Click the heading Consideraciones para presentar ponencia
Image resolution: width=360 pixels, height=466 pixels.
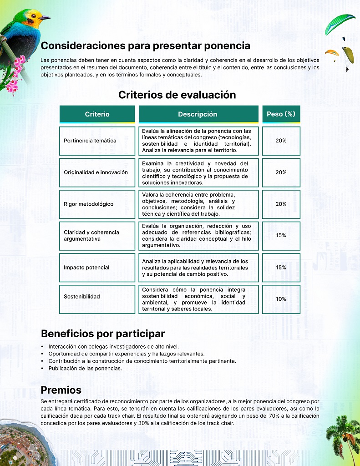pyautogui.click(x=145, y=46)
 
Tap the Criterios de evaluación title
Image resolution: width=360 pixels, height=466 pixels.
pyautogui.click(x=177, y=95)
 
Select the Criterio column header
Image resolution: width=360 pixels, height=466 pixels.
pyautogui.click(x=97, y=114)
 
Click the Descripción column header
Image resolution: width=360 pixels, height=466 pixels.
pyautogui.click(x=198, y=114)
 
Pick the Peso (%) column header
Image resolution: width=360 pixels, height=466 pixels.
pyautogui.click(x=281, y=114)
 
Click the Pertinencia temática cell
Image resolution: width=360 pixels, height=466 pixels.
pyautogui.click(x=90, y=141)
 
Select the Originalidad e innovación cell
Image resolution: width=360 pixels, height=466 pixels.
pyautogui.click(x=96, y=172)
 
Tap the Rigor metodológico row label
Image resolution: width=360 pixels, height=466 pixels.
pyautogui.click(x=89, y=204)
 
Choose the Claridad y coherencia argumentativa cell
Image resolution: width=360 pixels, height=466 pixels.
pyautogui.click(x=91, y=235)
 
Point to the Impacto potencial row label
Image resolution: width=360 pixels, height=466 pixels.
pyautogui.click(x=86, y=268)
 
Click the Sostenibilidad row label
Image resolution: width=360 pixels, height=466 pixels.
pyautogui.click(x=82, y=297)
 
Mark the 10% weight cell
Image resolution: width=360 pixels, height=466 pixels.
pyautogui.click(x=281, y=299)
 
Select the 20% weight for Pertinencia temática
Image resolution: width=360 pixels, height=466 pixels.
pyautogui.click(x=281, y=141)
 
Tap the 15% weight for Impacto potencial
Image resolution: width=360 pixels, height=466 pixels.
pyautogui.click(x=281, y=268)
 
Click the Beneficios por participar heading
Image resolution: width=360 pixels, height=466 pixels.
pyautogui.click(x=103, y=334)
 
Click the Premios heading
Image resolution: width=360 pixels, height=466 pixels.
pyautogui.click(x=61, y=390)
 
